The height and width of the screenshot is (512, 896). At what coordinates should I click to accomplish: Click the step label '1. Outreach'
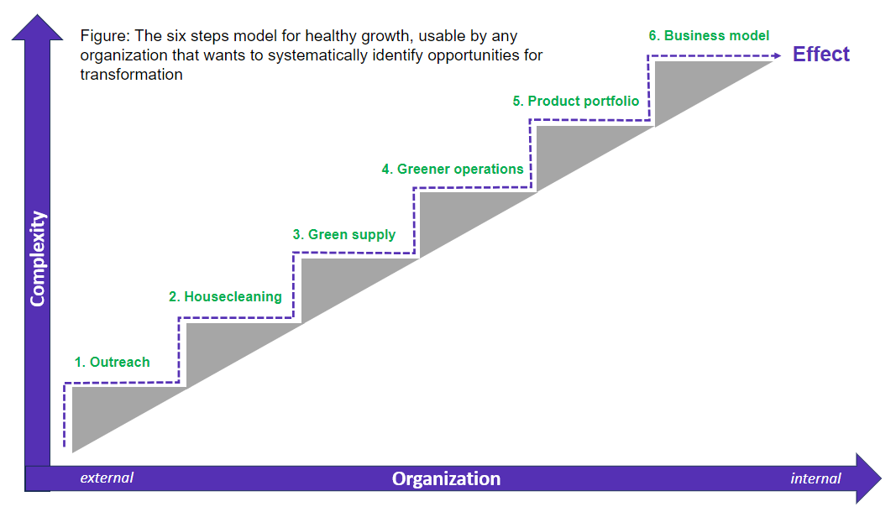point(113,363)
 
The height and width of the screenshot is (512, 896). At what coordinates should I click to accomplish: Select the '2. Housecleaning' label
point(225,296)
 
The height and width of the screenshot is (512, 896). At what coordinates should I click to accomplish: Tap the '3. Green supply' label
point(344,235)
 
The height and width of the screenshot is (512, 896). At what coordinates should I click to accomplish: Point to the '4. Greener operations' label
point(453,170)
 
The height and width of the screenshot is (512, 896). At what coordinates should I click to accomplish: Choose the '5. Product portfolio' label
point(576,102)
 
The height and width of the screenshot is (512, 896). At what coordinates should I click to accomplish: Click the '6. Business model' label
point(709,36)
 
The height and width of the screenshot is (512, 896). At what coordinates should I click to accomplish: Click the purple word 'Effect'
point(821,55)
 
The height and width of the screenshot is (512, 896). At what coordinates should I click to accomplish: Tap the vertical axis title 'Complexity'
point(38,259)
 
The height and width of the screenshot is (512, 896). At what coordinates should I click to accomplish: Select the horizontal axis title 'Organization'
point(446,479)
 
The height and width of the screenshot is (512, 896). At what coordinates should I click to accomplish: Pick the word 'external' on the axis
point(107,478)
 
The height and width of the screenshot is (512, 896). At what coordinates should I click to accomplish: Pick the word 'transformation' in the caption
point(131,74)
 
